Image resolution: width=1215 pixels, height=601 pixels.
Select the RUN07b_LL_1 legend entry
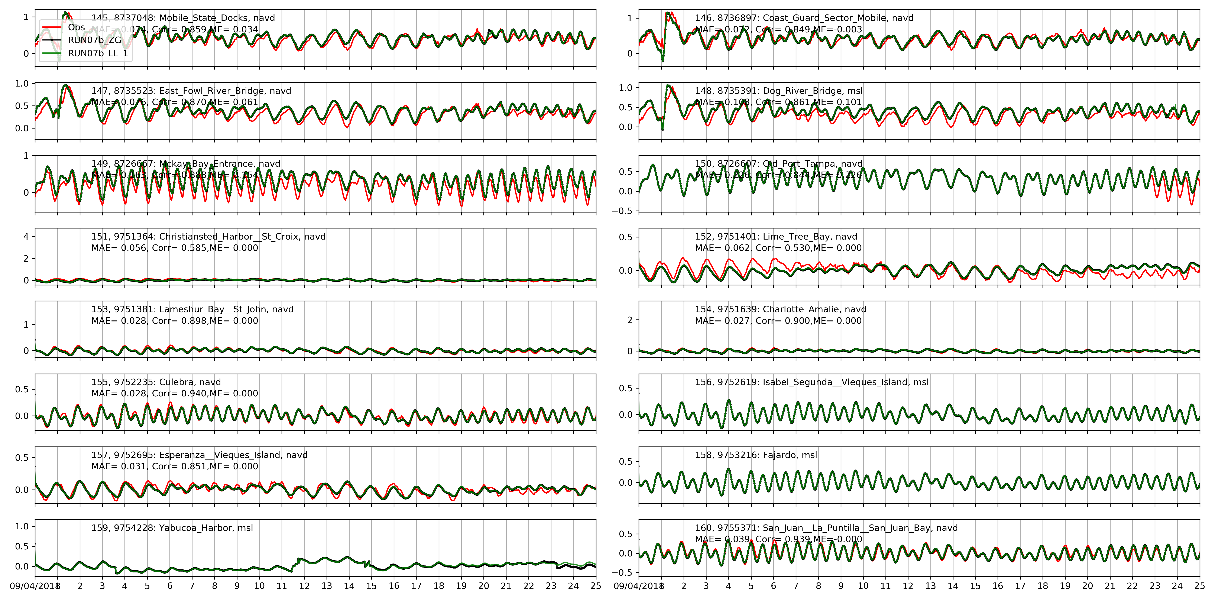coord(98,53)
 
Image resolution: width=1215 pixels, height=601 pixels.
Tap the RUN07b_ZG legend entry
coord(94,40)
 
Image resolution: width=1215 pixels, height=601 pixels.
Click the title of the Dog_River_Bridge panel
coord(778,91)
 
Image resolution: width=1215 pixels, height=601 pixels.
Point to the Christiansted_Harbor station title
coord(208,236)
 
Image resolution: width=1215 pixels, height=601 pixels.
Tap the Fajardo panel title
coord(756,455)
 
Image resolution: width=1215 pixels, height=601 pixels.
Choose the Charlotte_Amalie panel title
coord(780,309)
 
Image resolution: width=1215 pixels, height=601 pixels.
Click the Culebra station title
coord(156,382)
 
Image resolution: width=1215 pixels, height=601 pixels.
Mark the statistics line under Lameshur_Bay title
coord(175,321)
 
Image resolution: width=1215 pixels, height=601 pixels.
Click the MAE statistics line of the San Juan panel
coord(778,539)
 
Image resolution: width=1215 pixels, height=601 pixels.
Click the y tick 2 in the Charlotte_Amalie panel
coord(630,320)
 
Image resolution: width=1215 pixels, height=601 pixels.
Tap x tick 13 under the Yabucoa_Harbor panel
coord(326,586)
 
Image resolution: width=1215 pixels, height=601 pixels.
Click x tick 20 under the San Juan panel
coord(1087,586)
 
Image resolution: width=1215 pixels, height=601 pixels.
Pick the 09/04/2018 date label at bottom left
coord(32,586)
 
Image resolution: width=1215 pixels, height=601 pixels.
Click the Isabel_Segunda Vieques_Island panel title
coord(811,382)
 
